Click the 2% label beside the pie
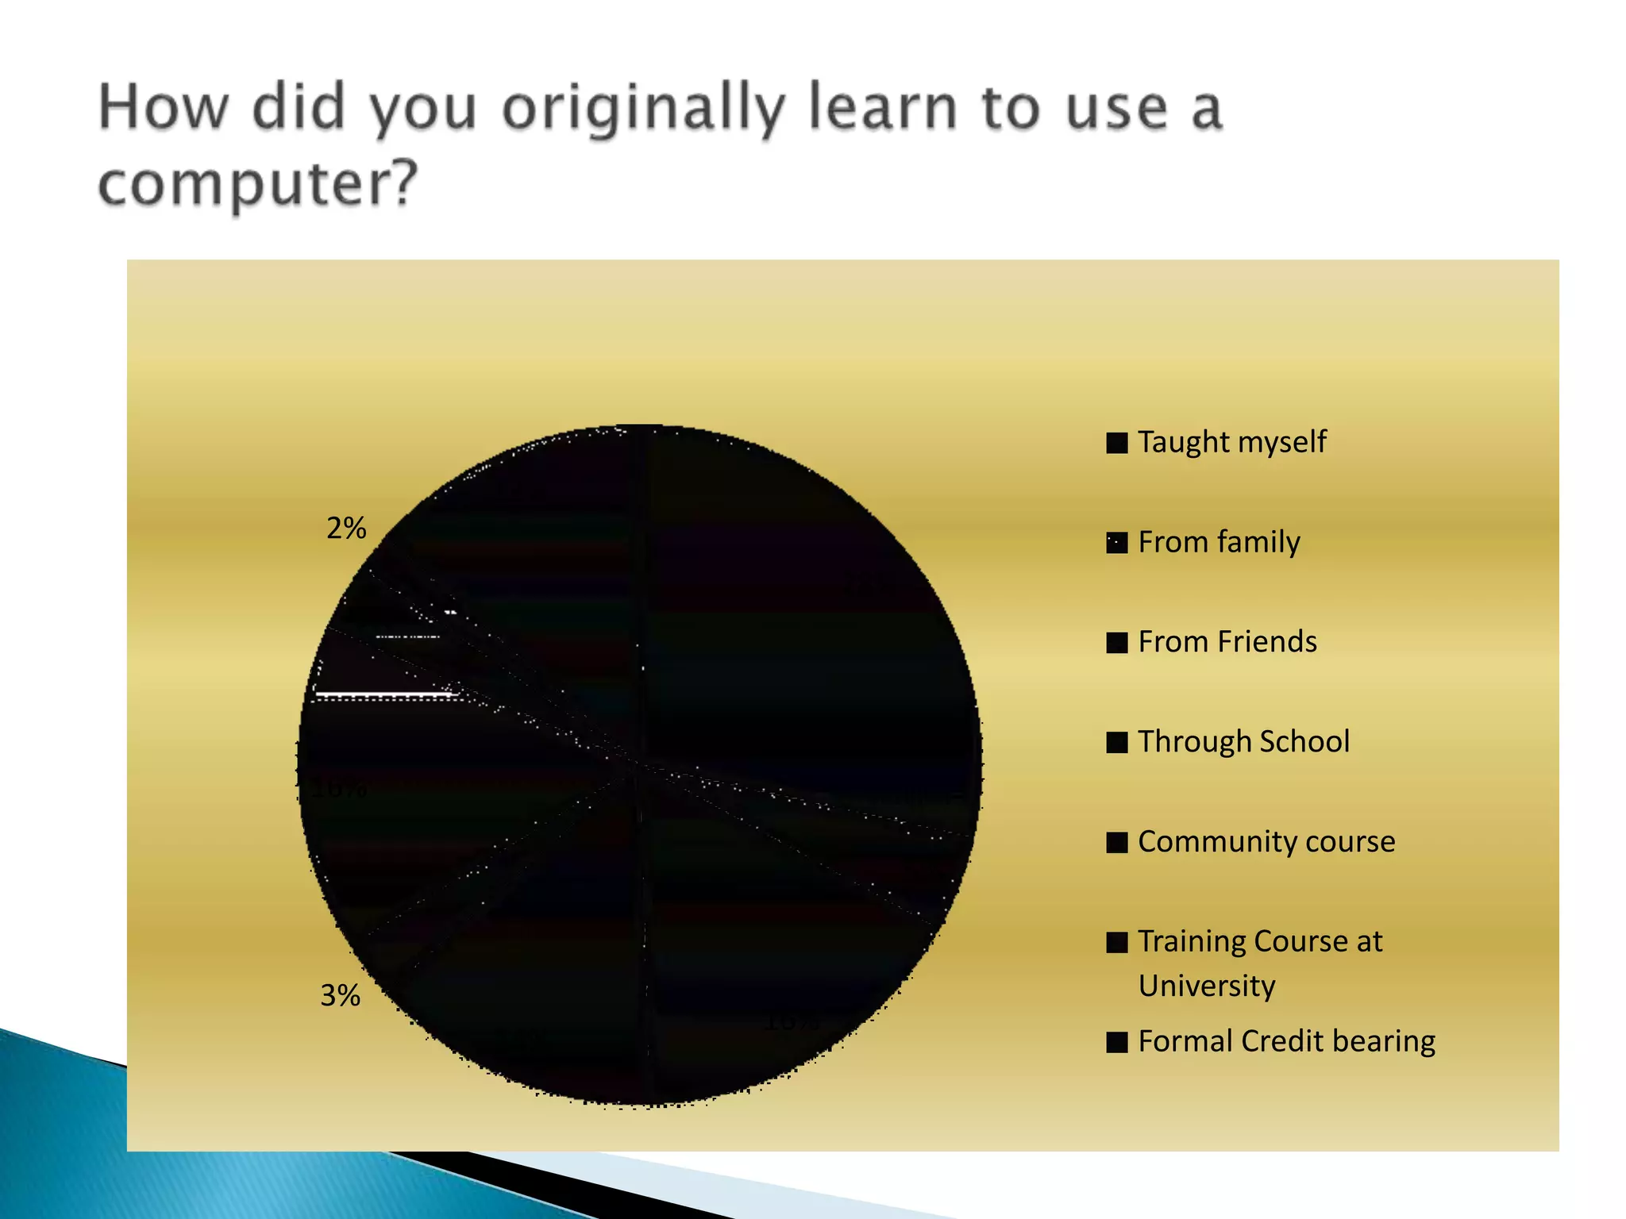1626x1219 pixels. pyautogui.click(x=346, y=528)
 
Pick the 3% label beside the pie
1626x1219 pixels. pyautogui.click(x=341, y=995)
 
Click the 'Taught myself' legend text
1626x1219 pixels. pyautogui.click(x=1231, y=442)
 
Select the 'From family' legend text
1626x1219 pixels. pyautogui.click(x=1219, y=542)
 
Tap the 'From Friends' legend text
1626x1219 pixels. pyautogui.click(x=1227, y=641)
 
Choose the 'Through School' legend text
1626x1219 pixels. pyautogui.click(x=1243, y=741)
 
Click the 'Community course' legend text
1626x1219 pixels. pyautogui.click(x=1266, y=841)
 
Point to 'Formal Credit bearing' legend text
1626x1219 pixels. pyautogui.click(x=1286, y=1041)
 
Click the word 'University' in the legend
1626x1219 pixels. pyautogui.click(x=1207, y=986)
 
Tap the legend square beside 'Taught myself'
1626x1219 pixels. pyautogui.click(x=1117, y=443)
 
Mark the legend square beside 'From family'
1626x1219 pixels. pyautogui.click(x=1117, y=543)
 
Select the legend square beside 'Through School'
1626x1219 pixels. pyautogui.click(x=1117, y=742)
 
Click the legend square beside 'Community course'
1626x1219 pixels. pyautogui.click(x=1117, y=842)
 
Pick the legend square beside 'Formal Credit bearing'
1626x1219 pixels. pyautogui.click(x=1117, y=1042)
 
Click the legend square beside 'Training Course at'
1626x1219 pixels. pyautogui.click(x=1117, y=942)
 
